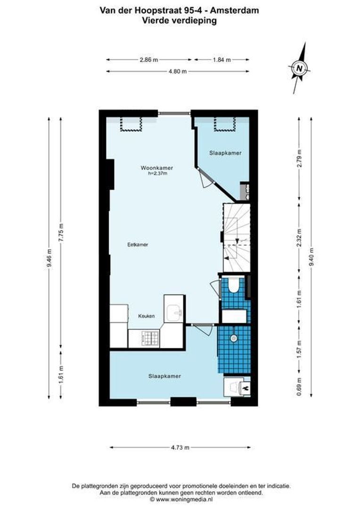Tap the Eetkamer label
coord(138,245)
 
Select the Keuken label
coord(147,316)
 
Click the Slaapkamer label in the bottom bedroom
coord(165,376)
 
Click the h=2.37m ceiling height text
coord(157,174)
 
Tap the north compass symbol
coord(299,68)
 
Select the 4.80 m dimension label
coord(178,72)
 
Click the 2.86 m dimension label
coord(148,60)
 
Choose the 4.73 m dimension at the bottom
coord(180,447)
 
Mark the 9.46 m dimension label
coord(49,259)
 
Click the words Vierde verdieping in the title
coord(180,20)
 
